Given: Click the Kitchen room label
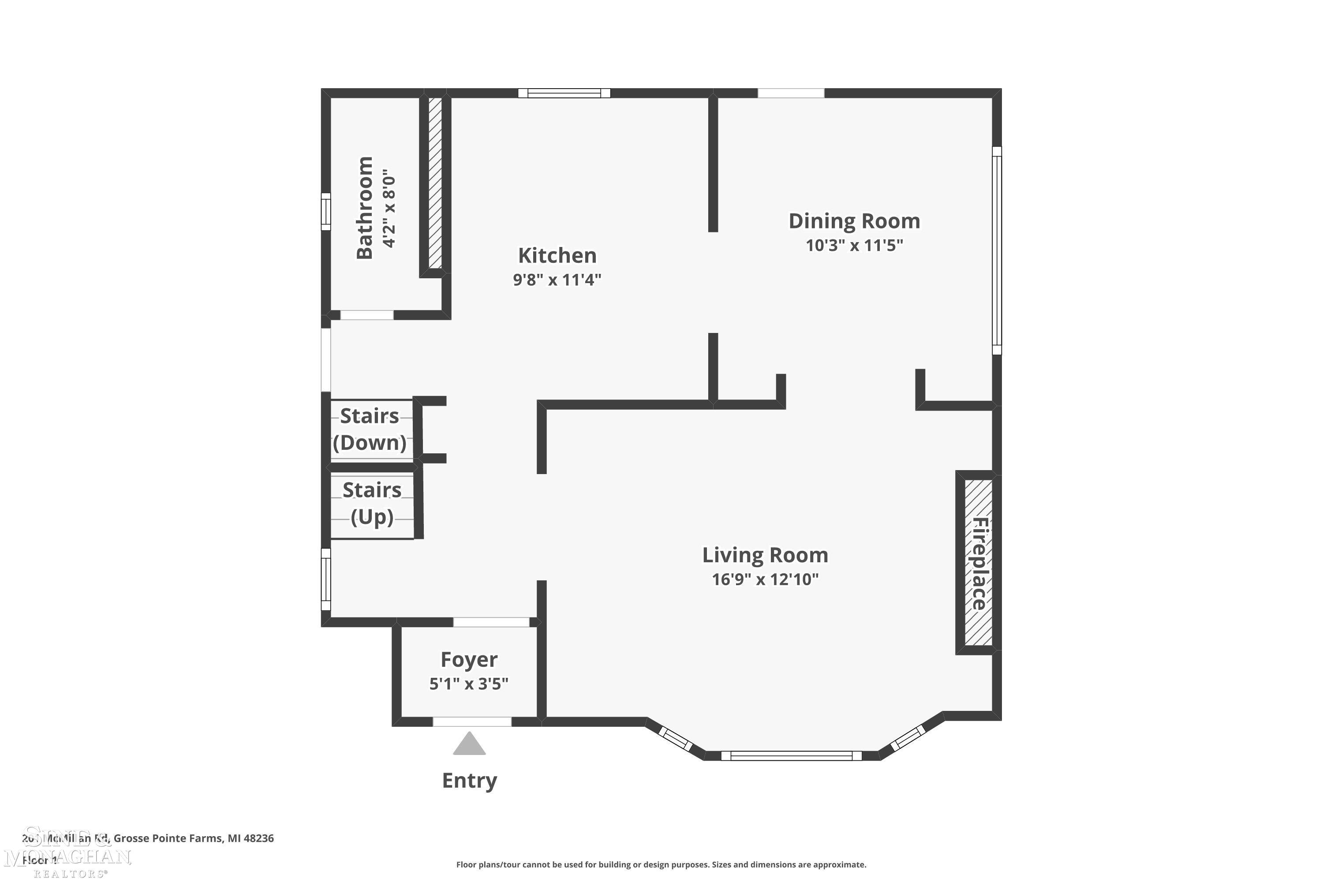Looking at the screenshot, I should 557,256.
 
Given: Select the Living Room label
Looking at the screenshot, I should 765,555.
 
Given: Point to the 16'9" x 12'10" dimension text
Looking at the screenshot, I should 765,579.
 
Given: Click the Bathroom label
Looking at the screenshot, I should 365,208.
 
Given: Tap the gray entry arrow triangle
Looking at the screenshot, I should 469,745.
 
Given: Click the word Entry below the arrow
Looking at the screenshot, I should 469,781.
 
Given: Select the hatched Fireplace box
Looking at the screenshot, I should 978,563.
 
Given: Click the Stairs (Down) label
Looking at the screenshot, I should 370,429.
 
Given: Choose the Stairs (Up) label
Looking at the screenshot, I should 372,504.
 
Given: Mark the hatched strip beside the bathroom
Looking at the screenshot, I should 435,183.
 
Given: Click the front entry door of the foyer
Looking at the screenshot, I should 471,721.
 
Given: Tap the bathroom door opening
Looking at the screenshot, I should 367,315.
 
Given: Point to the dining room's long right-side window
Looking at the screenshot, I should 996,250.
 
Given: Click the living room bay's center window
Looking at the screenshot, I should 791,755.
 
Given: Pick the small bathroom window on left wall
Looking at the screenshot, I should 326,212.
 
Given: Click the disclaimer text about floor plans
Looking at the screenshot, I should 661,864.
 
